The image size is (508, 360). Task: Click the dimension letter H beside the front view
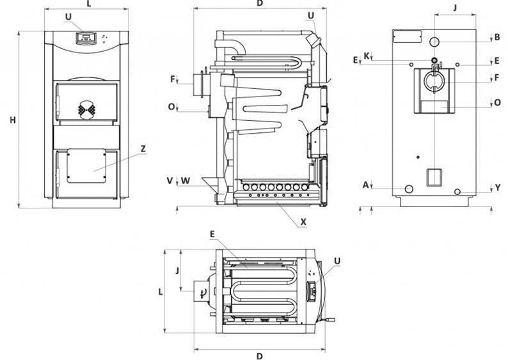coord(13,120)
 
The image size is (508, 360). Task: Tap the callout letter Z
coord(143,149)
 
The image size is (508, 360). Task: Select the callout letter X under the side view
coord(303,222)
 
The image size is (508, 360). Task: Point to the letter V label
coord(170,181)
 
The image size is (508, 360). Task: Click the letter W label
coord(186,181)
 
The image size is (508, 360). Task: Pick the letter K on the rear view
coord(367,56)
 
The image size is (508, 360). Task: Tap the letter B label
coord(497,37)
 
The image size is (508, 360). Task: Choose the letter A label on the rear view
coord(366,185)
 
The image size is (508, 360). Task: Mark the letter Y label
coord(498,188)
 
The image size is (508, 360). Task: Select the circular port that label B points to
coord(434,42)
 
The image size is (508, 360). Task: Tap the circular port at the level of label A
coord(409,189)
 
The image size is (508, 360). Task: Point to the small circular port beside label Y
coord(457,192)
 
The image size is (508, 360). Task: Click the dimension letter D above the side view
coord(260,4)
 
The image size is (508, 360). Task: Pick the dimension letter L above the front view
coord(89,4)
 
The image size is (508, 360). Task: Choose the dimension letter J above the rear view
coord(455,8)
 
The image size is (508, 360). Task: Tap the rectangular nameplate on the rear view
coord(408,36)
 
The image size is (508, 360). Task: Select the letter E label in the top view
coord(212,234)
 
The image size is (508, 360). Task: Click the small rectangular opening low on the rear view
coord(434,177)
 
